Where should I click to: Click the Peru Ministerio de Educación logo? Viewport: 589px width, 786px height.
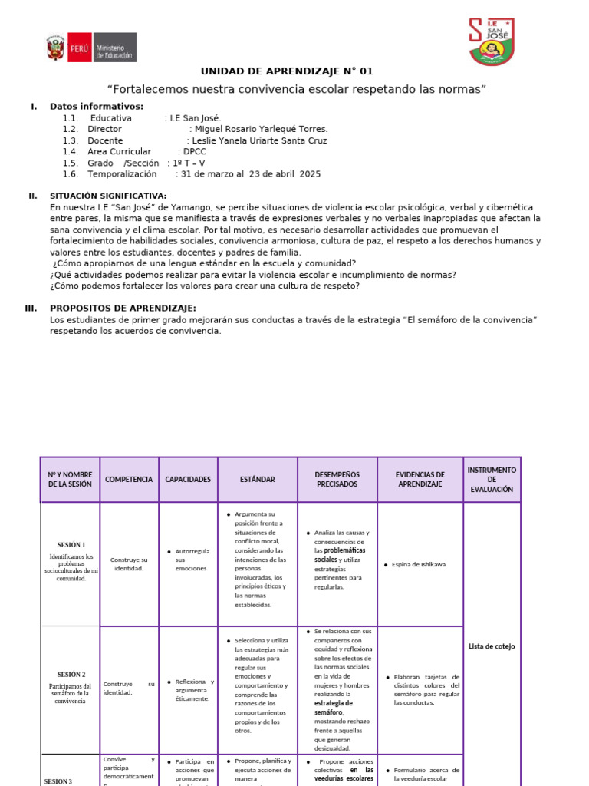[x=91, y=48]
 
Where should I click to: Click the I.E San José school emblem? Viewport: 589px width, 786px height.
[x=491, y=41]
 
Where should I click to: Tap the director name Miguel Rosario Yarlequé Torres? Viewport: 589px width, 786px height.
[x=261, y=130]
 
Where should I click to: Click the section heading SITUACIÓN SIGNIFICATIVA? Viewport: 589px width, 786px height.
[x=107, y=196]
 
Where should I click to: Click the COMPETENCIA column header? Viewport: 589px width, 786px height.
[x=129, y=480]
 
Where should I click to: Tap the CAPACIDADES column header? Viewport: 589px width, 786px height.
[x=188, y=480]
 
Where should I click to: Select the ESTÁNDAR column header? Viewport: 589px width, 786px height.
[x=258, y=480]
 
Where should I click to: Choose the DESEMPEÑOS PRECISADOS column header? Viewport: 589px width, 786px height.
[x=337, y=480]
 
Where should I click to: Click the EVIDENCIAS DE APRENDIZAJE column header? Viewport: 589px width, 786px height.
[x=420, y=480]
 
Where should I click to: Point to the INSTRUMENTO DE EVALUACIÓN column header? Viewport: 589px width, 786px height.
[x=492, y=479]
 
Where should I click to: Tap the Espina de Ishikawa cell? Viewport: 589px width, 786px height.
[x=419, y=564]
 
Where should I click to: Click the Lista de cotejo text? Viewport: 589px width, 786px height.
[x=492, y=646]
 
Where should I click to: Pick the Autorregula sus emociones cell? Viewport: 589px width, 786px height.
[x=191, y=560]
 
